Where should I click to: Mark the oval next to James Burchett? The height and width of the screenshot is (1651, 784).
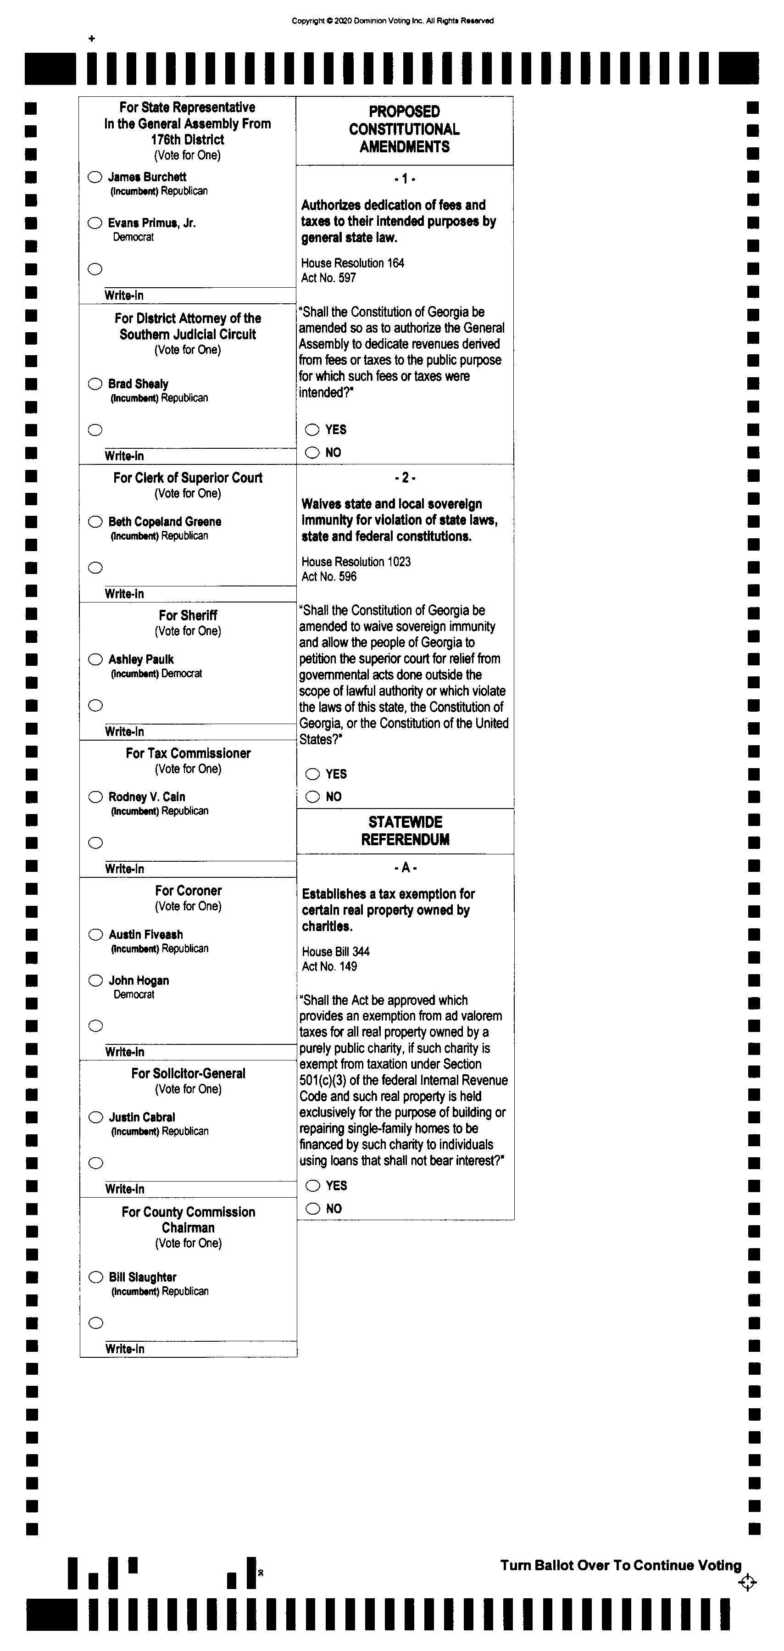tap(95, 177)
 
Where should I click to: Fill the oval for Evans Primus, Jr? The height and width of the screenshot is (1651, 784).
tap(95, 223)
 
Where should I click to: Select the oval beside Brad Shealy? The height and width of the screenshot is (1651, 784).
tap(95, 384)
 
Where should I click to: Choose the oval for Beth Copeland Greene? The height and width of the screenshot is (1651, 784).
tap(95, 522)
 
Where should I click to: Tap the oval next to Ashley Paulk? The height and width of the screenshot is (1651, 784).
tap(95, 659)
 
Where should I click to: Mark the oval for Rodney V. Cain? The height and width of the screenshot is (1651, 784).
tap(95, 797)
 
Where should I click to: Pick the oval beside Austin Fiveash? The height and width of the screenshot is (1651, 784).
tap(95, 934)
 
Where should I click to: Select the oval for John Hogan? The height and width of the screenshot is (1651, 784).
tap(95, 980)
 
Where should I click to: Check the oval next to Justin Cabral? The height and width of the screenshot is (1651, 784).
tap(95, 1117)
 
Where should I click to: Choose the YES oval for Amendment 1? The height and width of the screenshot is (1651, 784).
tap(312, 429)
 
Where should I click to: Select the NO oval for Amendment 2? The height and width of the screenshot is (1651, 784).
tap(312, 797)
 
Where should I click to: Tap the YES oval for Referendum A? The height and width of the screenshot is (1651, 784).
tap(312, 1186)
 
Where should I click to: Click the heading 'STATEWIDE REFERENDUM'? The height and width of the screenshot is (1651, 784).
tap(405, 831)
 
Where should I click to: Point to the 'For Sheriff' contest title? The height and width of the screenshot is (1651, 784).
tap(188, 615)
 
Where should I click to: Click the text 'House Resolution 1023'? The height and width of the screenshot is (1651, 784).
tap(356, 562)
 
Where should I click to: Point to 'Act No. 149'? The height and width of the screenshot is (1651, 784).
tap(329, 966)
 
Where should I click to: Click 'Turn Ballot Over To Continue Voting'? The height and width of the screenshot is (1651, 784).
tap(620, 1565)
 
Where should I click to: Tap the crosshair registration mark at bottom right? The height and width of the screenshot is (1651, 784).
tap(747, 1583)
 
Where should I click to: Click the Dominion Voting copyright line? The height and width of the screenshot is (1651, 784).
tap(393, 21)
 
